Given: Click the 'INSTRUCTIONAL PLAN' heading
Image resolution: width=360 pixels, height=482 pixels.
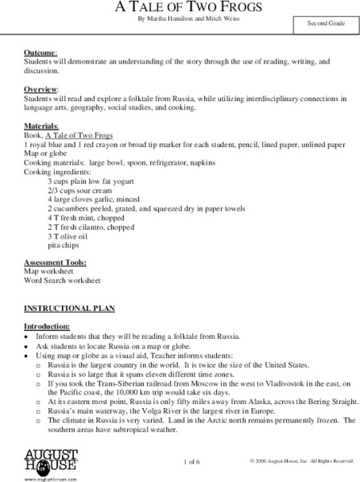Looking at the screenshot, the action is (62, 308).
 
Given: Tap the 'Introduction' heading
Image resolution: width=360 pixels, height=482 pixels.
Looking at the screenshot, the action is (47, 327).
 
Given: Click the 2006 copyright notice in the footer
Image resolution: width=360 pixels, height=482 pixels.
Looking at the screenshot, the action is (302, 460).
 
